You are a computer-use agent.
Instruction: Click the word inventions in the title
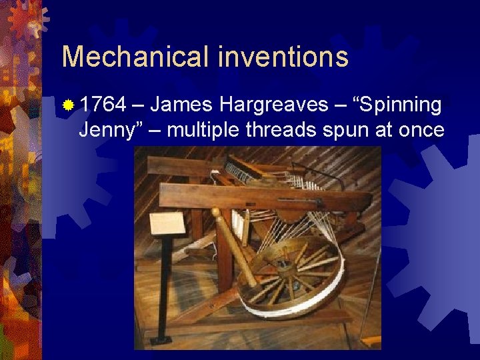coord(283,57)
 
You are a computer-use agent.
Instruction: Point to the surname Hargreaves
coord(273,105)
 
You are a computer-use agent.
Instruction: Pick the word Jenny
coord(104,129)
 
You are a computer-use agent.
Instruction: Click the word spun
coord(347,129)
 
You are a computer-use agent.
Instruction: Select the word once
coord(419,129)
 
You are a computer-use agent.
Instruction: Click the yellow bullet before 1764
coord(68,105)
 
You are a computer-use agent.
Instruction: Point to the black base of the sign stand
coord(161,340)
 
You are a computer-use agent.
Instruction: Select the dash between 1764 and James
coord(139,105)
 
